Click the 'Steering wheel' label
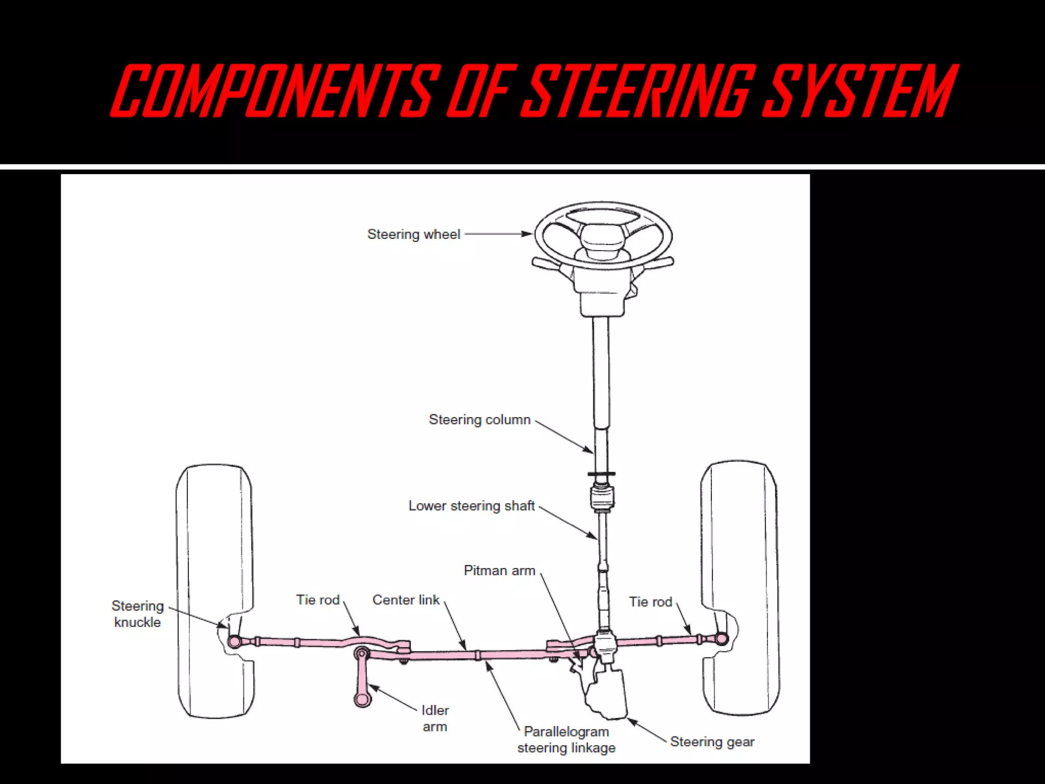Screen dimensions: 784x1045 [413, 234]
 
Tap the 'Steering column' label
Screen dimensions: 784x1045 [480, 420]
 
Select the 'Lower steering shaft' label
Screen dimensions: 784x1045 [471, 506]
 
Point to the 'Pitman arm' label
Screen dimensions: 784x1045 [499, 571]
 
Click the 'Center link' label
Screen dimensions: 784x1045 [406, 600]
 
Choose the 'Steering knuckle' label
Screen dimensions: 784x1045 [137, 614]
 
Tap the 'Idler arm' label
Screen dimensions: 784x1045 [435, 718]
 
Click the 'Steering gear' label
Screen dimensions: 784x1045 [712, 742]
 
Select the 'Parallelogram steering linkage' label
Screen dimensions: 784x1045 [566, 740]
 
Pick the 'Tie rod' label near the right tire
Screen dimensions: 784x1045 [650, 602]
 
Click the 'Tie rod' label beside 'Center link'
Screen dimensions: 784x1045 [317, 600]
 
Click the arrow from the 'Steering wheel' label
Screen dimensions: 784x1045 [497, 234]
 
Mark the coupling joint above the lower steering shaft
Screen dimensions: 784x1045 [602, 497]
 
